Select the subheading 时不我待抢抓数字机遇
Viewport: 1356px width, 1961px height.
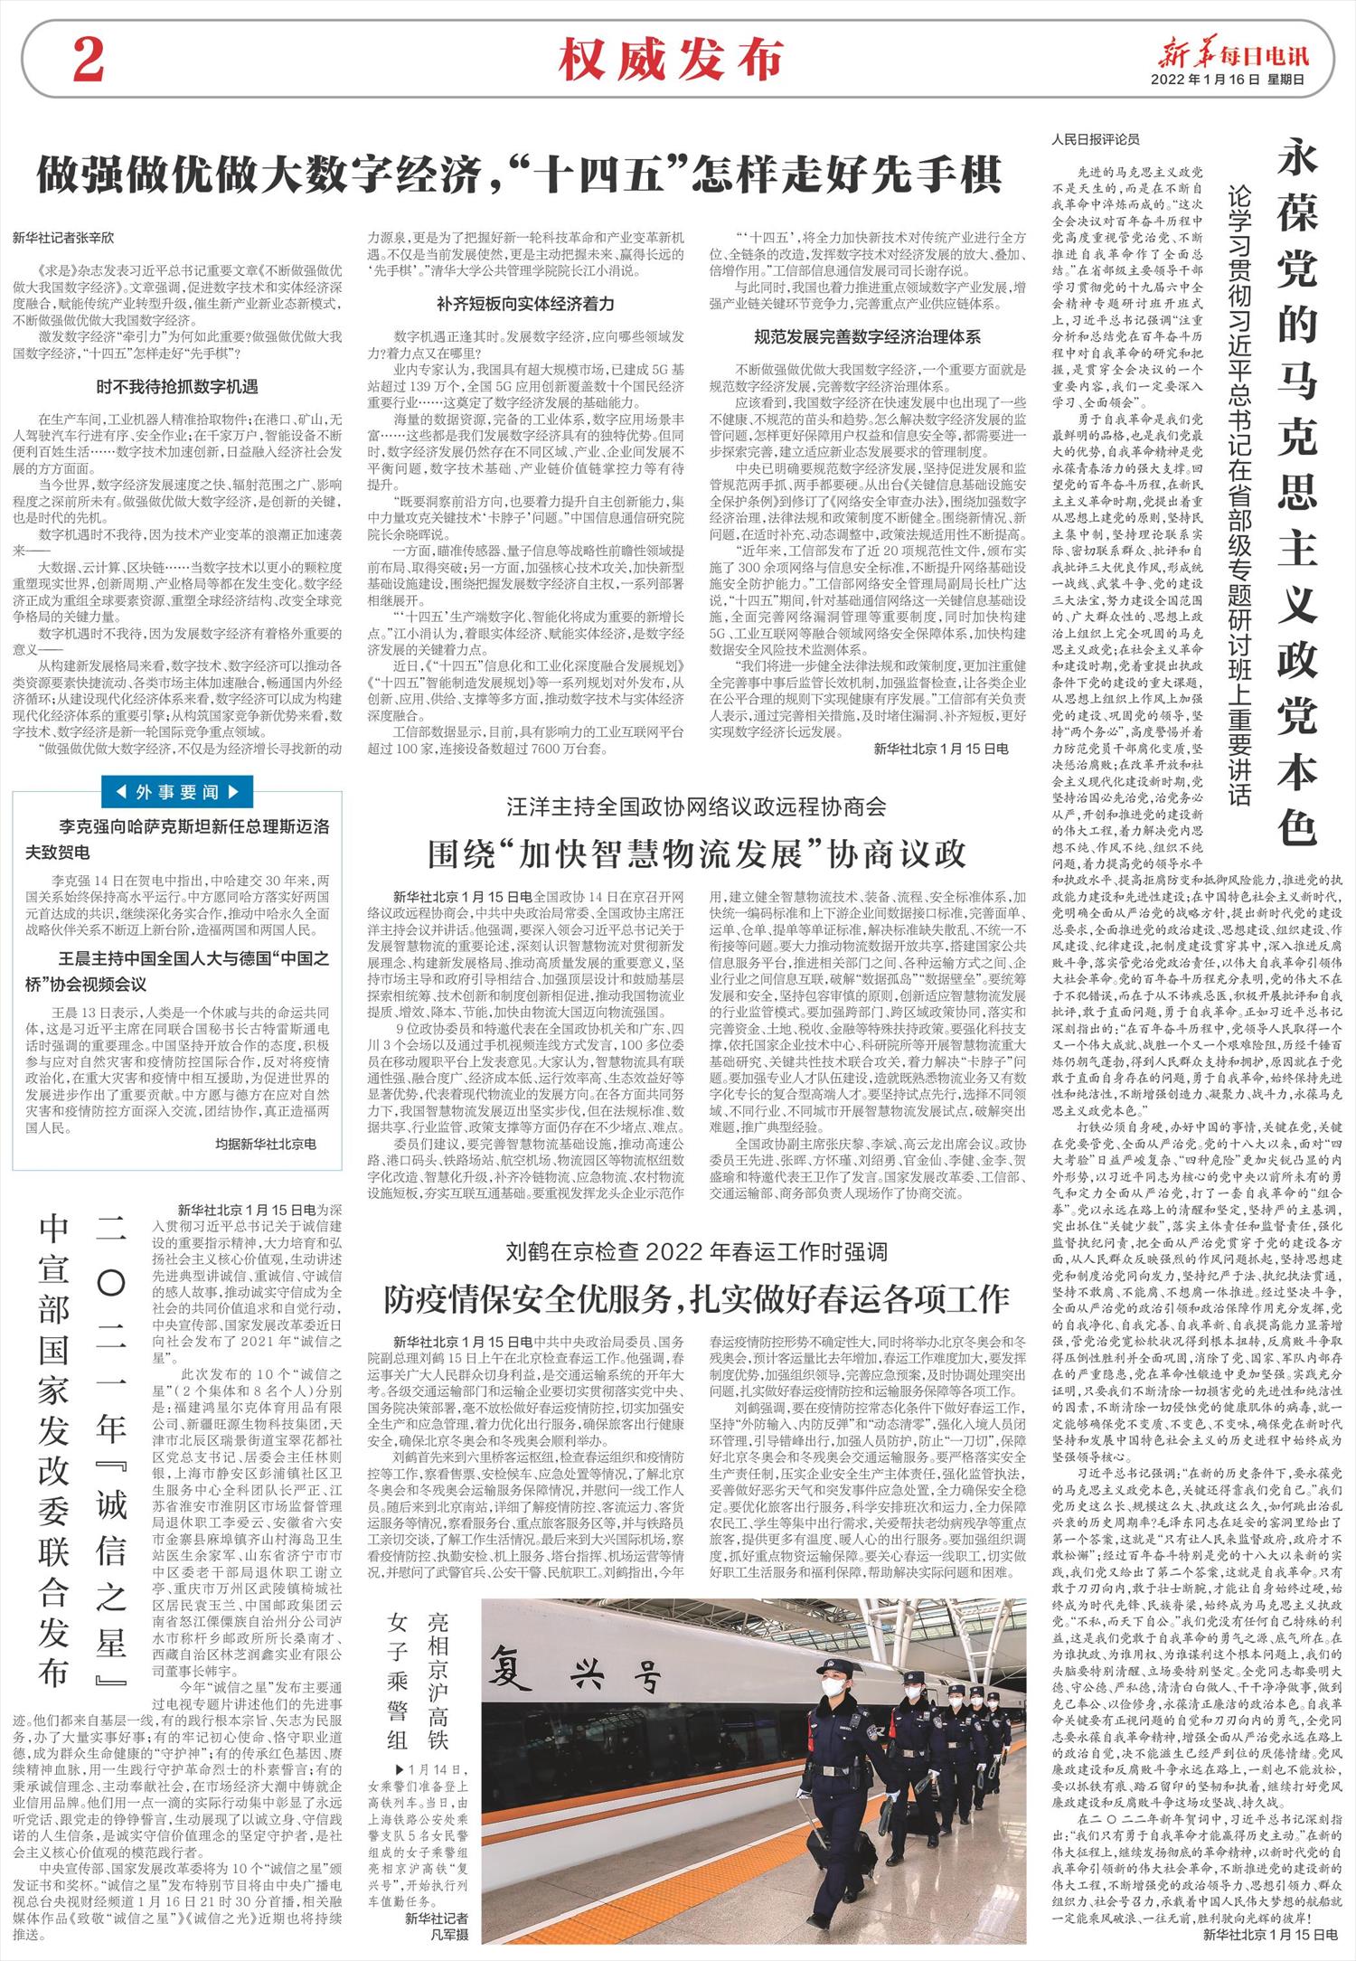pos(177,388)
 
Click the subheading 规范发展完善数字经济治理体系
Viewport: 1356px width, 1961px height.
pos(867,337)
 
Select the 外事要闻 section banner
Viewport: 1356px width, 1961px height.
pos(177,793)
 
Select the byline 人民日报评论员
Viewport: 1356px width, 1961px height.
pos(1096,140)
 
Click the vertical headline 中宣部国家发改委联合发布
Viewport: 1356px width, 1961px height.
pos(54,1442)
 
